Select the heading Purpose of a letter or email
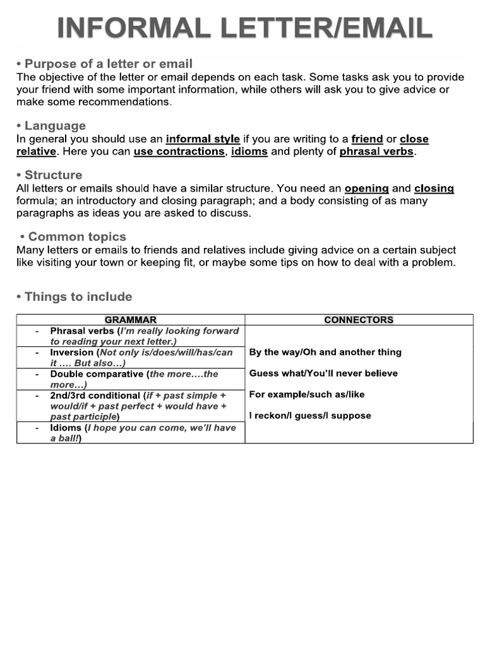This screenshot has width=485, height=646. (x=104, y=64)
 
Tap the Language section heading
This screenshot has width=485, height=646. (x=51, y=126)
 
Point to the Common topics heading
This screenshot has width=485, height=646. (x=73, y=237)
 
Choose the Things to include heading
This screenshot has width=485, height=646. (x=74, y=297)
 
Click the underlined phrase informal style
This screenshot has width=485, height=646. (x=203, y=139)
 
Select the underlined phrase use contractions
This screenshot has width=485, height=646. (x=179, y=151)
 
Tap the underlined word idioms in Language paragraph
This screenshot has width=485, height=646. (x=249, y=151)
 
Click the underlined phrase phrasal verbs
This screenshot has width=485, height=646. (x=376, y=151)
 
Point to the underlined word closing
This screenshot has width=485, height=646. (x=434, y=188)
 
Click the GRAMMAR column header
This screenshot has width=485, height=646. (x=131, y=320)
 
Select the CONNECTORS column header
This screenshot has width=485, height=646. (x=359, y=320)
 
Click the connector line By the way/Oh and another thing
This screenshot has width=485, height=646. (x=325, y=352)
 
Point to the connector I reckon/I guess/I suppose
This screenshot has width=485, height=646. (x=310, y=415)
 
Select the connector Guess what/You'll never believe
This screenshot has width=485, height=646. (x=323, y=373)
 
